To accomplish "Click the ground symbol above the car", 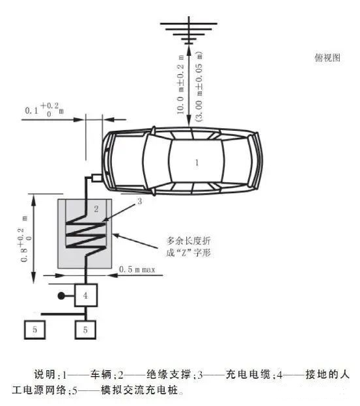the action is click(189, 31).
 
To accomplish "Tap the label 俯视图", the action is click(327, 57).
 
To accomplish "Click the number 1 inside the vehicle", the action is click(197, 163).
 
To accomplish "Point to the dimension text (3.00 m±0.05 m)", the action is click(199, 87).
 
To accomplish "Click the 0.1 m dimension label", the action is click(44, 109).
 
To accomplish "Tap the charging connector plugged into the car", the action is click(96, 178).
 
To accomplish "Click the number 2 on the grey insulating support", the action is click(96, 209).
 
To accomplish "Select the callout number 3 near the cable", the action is click(139, 201).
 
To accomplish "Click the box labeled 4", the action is click(86, 295).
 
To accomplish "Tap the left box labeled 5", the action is click(35, 330).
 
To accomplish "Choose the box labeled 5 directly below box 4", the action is click(85, 330).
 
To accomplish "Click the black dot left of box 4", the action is click(61, 295).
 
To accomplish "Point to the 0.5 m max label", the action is click(137, 269).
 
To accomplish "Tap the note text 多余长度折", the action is click(188, 241).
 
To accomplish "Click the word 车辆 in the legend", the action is click(101, 374).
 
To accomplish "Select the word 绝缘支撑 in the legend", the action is click(169, 374).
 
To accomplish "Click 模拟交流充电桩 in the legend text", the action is click(139, 390).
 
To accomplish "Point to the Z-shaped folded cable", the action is click(86, 235).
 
